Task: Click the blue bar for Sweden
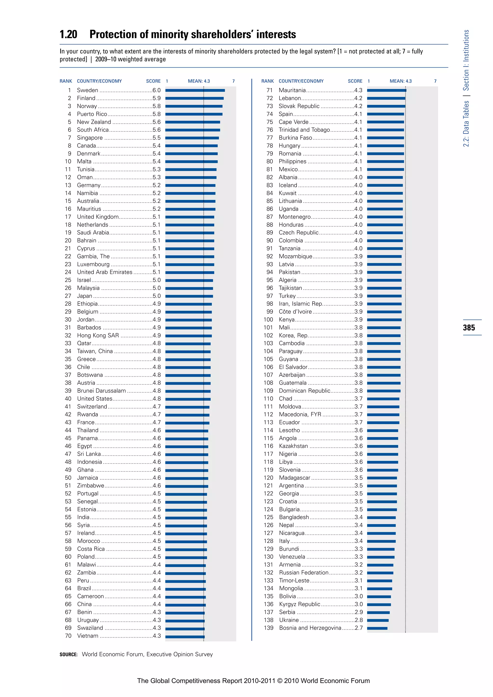click(x=195, y=90)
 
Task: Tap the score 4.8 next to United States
click(x=157, y=399)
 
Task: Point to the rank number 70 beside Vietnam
click(x=68, y=636)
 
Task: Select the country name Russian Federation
click(x=304, y=573)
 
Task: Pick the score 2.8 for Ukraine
click(x=358, y=620)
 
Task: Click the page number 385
click(x=469, y=328)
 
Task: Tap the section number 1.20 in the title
click(x=68, y=35)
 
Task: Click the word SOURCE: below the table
click(x=69, y=654)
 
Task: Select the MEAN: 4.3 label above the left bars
click(x=199, y=81)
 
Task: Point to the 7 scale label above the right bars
click(x=435, y=81)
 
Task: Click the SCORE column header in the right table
click(x=355, y=81)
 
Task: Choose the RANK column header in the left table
click(x=66, y=81)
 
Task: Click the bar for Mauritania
click(x=386, y=90)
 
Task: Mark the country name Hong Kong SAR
click(x=98, y=336)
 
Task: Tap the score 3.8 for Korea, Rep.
click(x=358, y=336)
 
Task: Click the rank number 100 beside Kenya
click(x=268, y=320)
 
